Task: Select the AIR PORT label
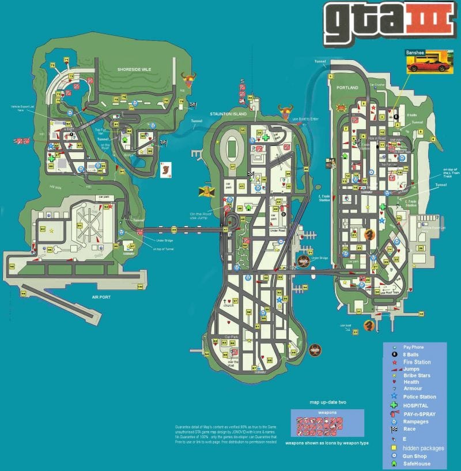100,297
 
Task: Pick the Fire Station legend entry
417,362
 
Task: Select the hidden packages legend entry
423,448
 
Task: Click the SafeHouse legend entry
417,464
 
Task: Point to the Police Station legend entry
420,397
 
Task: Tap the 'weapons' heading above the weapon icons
327,413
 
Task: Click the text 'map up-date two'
327,401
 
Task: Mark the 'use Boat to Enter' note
305,119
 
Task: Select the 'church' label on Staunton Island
229,306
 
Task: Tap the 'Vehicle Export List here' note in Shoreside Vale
22,108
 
